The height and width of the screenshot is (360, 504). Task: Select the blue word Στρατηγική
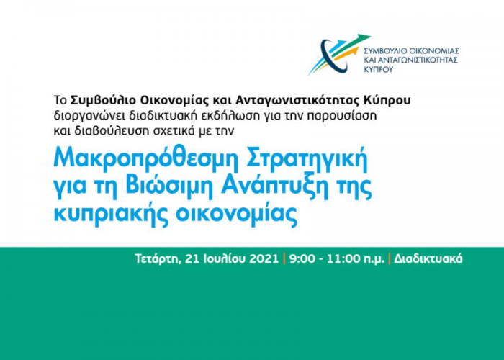tap(307, 160)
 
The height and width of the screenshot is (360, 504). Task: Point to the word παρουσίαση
tap(341, 116)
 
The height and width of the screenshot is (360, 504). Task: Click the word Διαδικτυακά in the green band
tap(428, 258)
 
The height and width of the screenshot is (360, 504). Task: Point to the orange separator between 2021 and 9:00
tap(284, 259)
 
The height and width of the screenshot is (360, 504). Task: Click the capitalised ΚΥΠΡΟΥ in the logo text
tap(378, 69)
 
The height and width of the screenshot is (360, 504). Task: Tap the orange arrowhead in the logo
tap(354, 50)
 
